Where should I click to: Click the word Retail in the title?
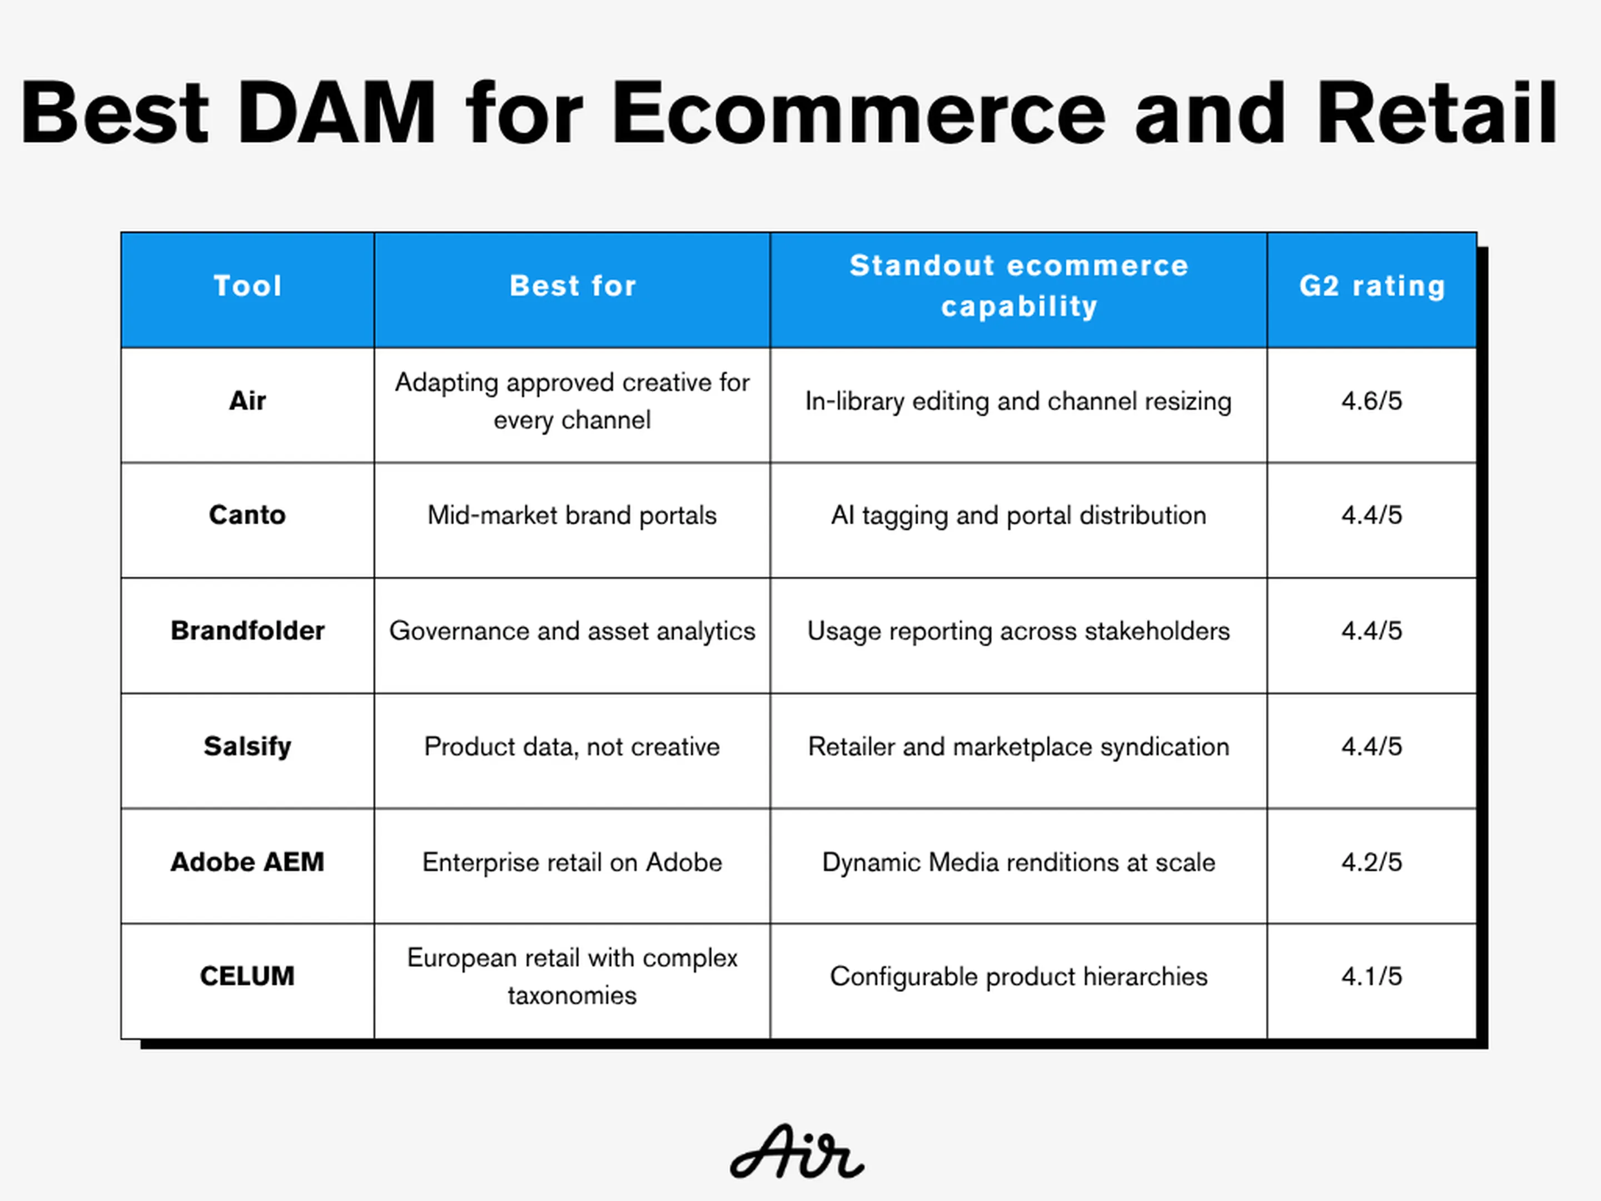pyautogui.click(x=1436, y=113)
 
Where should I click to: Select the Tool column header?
pyautogui.click(x=247, y=286)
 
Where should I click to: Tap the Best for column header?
pyautogui.click(x=573, y=286)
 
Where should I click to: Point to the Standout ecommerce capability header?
pyautogui.click(x=1019, y=286)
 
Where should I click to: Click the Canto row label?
pyautogui.click(x=247, y=515)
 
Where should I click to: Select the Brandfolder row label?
pyautogui.click(x=247, y=631)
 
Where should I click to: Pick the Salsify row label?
pyautogui.click(x=247, y=746)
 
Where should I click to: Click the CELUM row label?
pyautogui.click(x=247, y=976)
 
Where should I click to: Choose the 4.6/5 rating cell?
pyautogui.click(x=1371, y=401)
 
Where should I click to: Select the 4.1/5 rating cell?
pyautogui.click(x=1371, y=976)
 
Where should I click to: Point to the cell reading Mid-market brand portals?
pyautogui.click(x=573, y=515)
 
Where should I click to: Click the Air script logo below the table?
pyautogui.click(x=797, y=1152)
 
